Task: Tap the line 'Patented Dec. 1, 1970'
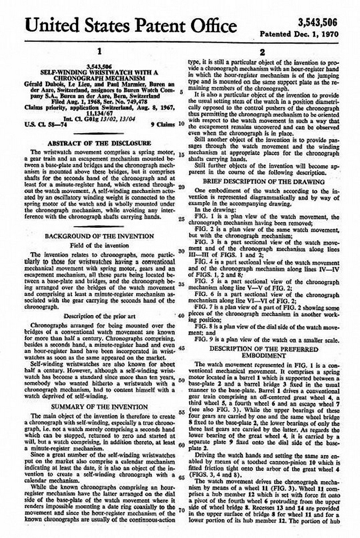tap(299, 34)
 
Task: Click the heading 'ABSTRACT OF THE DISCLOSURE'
tap(99, 143)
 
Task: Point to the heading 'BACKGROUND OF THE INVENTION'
tap(99, 236)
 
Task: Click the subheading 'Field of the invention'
tap(99, 245)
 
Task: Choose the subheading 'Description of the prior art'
tap(100, 316)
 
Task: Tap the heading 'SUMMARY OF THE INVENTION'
tap(100, 407)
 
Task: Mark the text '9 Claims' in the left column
tap(163, 124)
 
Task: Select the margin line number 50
tap(182, 380)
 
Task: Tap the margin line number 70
tap(182, 510)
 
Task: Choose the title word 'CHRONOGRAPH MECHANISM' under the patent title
tap(99, 78)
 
